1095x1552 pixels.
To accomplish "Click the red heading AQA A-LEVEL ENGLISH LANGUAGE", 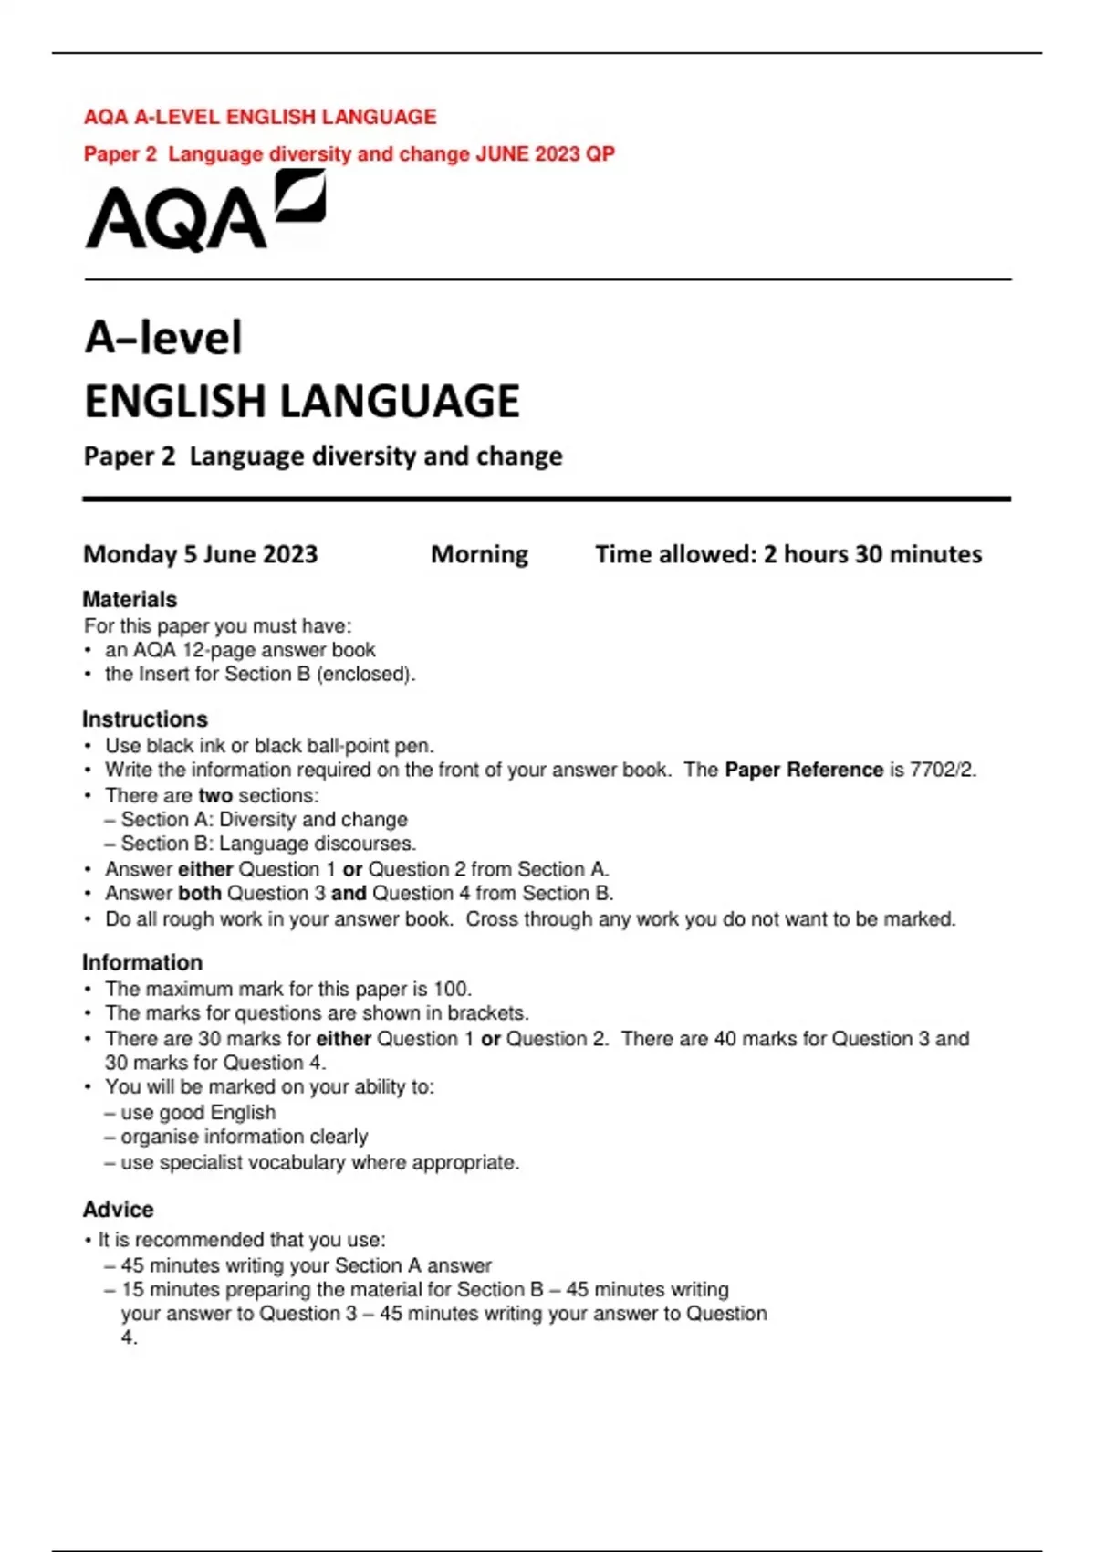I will click(260, 117).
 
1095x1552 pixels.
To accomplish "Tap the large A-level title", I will click(163, 338).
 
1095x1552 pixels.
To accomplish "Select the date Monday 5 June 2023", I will click(201, 554).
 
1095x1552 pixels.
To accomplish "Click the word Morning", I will click(479, 554).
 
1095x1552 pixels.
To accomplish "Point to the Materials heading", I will click(130, 599).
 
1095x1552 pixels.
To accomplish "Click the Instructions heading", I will click(145, 718).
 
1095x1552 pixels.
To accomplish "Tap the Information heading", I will click(142, 962).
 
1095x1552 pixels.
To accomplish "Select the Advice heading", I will click(119, 1209).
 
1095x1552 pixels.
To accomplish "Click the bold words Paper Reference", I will click(803, 770).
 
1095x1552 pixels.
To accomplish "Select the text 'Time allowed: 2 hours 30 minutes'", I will click(788, 554).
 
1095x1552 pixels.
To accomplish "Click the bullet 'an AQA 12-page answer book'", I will click(240, 650).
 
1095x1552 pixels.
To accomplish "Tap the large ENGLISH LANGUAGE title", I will click(302, 402).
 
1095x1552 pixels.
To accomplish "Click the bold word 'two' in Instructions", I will click(215, 795).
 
